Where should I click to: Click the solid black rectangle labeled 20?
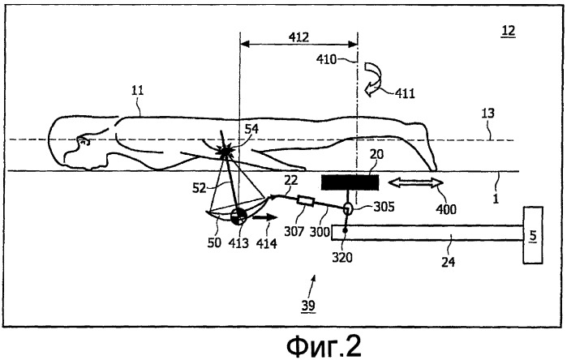(350, 182)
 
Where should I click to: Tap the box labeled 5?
(533, 235)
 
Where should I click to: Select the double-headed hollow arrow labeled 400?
(416, 183)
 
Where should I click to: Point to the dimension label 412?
(299, 36)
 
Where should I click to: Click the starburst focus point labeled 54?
(225, 152)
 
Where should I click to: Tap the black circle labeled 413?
(238, 217)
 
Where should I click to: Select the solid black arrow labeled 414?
(265, 217)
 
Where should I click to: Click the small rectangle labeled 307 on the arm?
(306, 200)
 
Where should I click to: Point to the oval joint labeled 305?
(347, 208)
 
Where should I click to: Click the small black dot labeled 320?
(345, 230)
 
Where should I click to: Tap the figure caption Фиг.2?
(324, 346)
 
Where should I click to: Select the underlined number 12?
(508, 31)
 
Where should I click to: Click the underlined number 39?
(308, 306)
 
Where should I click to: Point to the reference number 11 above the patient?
(137, 90)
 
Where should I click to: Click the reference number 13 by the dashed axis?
(488, 114)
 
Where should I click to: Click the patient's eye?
(85, 141)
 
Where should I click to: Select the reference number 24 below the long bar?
(448, 262)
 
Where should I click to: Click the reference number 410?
(327, 59)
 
